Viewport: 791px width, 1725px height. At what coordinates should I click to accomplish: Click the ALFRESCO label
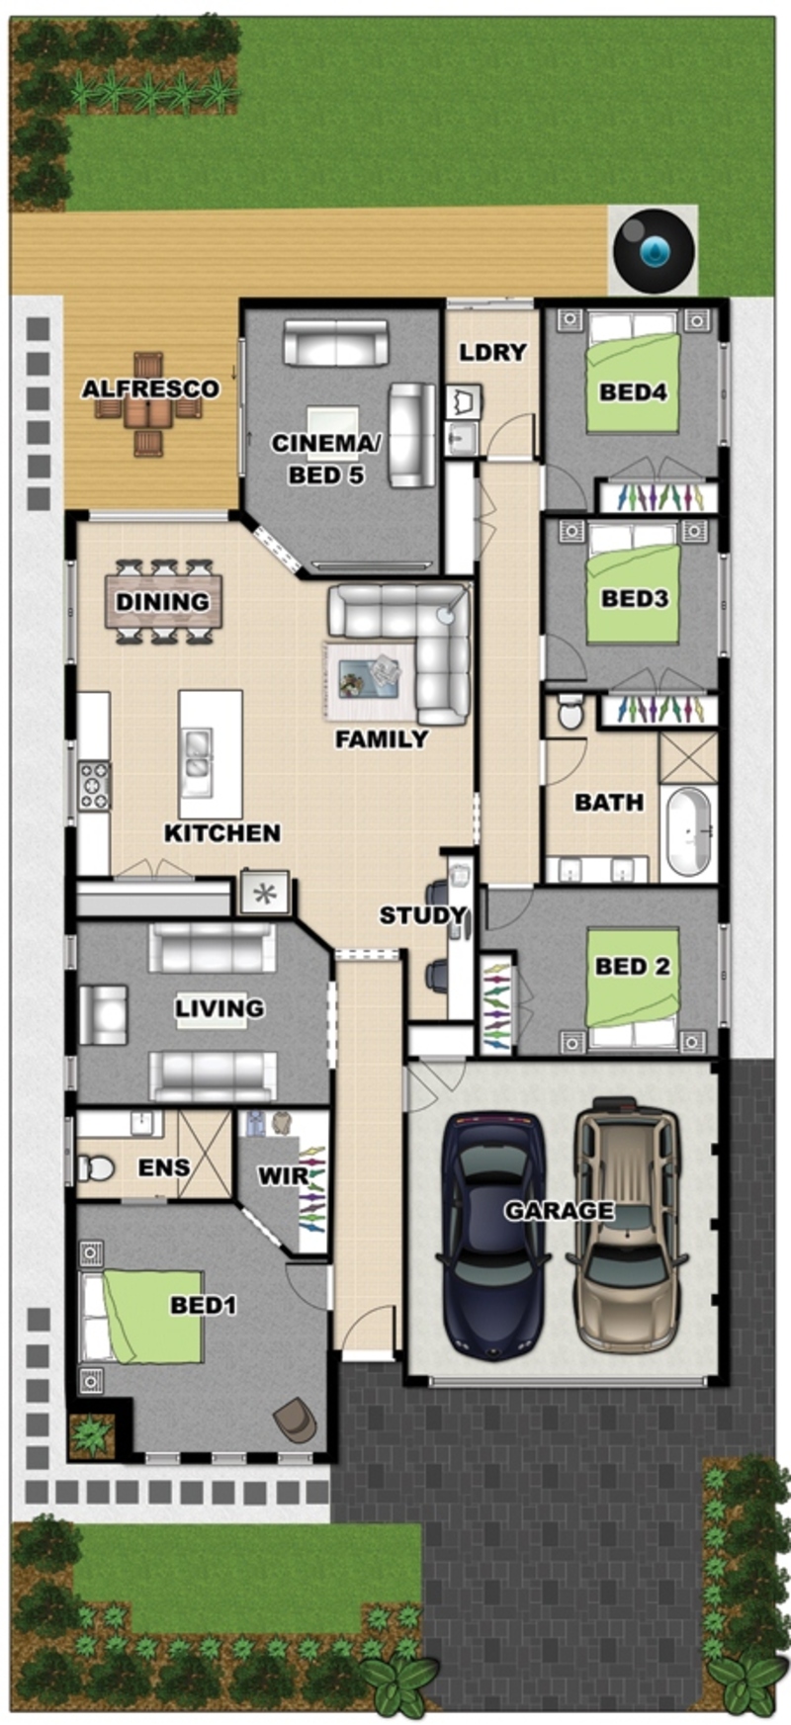tap(150, 388)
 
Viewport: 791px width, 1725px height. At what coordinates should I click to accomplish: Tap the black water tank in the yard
tap(653, 250)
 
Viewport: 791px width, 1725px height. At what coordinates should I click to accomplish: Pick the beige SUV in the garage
tap(627, 1225)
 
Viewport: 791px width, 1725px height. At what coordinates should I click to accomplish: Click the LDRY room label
tap(493, 352)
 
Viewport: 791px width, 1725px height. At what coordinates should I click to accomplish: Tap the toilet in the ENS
tap(96, 1167)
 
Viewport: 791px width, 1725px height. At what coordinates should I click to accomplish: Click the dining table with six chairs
tap(164, 602)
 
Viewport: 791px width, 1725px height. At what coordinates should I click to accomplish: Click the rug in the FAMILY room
tap(370, 680)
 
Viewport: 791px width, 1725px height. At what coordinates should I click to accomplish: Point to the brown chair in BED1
tap(296, 1421)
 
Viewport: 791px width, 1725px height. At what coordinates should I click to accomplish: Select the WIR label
tap(283, 1176)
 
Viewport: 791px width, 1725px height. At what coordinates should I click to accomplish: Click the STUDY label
tap(422, 915)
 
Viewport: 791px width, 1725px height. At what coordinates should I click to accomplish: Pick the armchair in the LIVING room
tap(104, 1015)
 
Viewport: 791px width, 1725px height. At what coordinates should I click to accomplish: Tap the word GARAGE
tap(559, 1210)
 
